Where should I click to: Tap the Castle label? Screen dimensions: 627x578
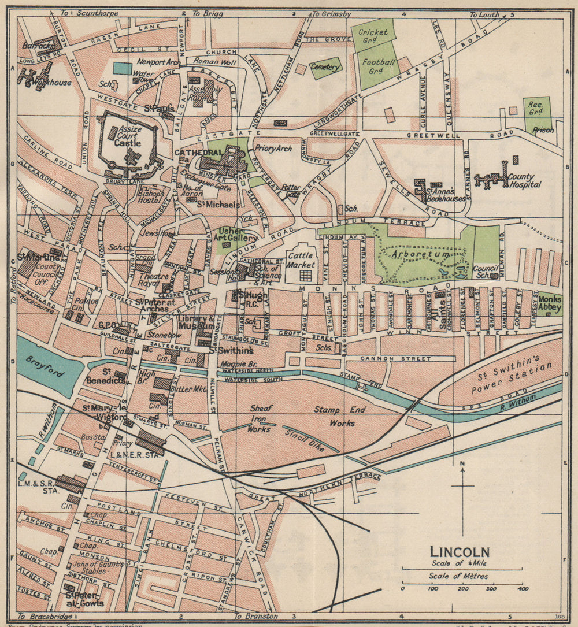click(x=128, y=142)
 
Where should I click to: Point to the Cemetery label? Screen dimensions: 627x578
click(x=325, y=68)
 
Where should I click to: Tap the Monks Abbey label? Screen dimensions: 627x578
click(x=549, y=303)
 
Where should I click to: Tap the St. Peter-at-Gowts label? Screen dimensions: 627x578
click(x=84, y=599)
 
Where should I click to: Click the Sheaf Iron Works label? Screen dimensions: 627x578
click(x=259, y=418)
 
